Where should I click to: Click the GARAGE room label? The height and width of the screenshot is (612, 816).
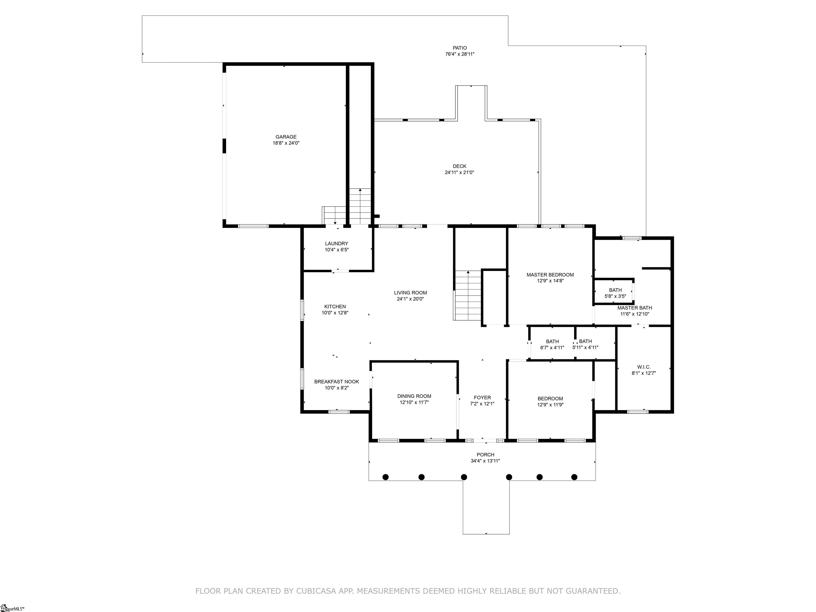pos(286,137)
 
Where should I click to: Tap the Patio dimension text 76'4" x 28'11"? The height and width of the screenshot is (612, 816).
pos(460,54)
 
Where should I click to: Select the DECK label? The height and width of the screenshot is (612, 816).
pos(460,166)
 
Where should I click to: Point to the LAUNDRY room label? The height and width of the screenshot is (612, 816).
pos(337,244)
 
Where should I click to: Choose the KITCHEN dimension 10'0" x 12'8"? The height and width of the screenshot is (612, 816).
pos(335,313)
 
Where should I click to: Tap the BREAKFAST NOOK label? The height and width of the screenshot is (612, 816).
pos(337,382)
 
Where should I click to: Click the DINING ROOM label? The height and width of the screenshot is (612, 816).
pos(414,396)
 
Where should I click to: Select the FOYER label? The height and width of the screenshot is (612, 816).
pos(482,398)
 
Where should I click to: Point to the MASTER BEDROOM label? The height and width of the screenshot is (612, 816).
pos(550,275)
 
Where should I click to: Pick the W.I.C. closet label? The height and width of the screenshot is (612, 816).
pos(644,367)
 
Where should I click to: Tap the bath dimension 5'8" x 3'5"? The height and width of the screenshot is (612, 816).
pos(615,296)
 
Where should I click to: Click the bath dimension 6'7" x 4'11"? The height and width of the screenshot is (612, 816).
pos(552,347)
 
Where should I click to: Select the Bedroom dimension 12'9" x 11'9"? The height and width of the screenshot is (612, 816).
pos(550,405)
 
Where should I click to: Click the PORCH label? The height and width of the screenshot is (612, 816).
pos(485,455)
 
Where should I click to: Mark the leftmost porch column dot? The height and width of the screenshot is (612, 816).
pos(385,477)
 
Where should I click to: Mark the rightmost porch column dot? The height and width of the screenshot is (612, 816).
pos(574,477)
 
